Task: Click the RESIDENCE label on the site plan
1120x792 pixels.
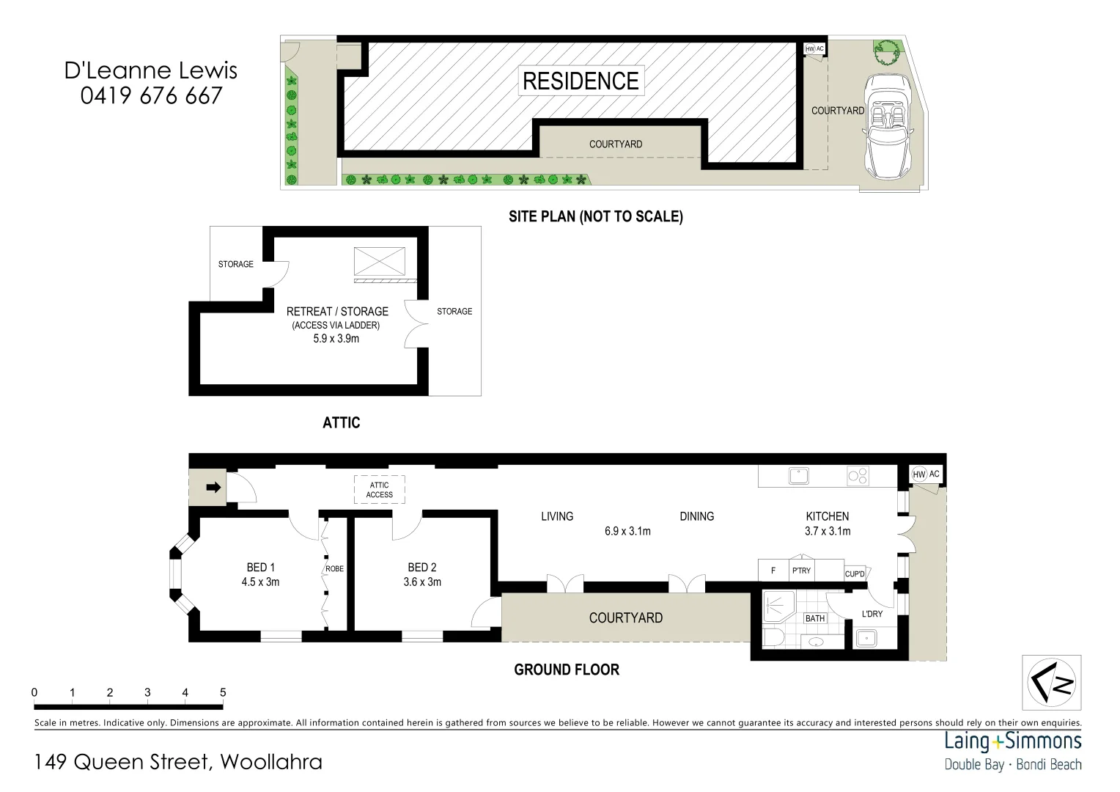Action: coord(581,81)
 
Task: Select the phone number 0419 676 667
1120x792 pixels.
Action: coord(151,96)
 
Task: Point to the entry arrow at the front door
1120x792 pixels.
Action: coord(213,487)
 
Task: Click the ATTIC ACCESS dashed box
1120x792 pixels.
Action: coord(379,490)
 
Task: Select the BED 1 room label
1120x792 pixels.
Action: coord(260,567)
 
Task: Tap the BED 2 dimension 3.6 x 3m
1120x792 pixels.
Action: coord(422,582)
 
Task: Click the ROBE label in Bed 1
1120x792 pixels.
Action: coord(334,569)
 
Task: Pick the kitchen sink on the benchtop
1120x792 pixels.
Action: coord(798,476)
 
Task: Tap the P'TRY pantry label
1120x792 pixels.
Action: coord(801,571)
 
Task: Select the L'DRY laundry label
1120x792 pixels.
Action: coord(872,614)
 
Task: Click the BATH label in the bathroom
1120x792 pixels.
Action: coord(815,618)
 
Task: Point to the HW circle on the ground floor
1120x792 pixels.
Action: coord(919,474)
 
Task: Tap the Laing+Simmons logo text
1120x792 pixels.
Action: coord(1013,741)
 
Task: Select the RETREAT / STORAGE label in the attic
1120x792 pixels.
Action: coord(337,312)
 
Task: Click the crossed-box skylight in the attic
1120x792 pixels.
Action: coord(380,261)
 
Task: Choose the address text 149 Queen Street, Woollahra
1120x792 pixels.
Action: coord(178,762)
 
